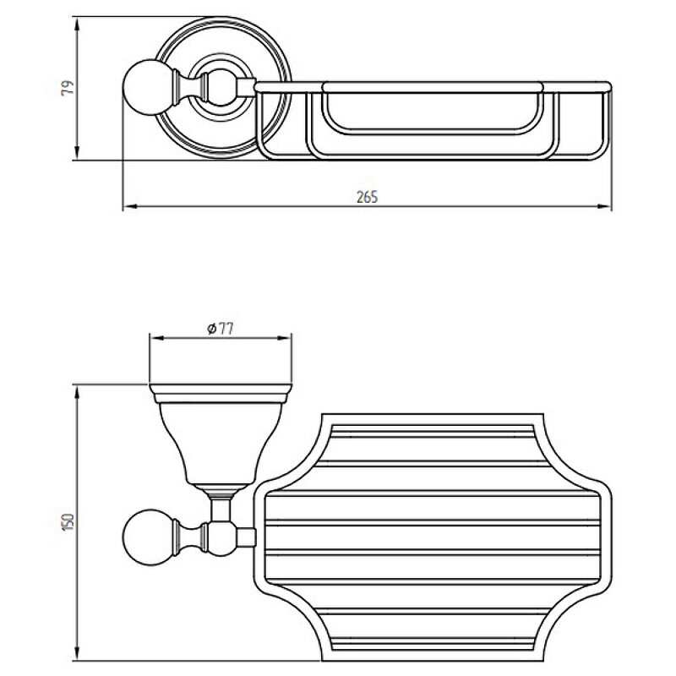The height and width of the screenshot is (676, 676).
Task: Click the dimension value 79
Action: click(68, 89)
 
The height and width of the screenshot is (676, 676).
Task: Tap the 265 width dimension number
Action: click(368, 197)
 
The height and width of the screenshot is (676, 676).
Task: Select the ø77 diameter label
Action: click(221, 329)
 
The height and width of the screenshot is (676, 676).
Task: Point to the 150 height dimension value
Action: click(68, 521)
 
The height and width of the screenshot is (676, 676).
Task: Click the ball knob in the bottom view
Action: click(145, 537)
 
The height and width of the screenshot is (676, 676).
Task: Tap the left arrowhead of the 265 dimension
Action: click(130, 206)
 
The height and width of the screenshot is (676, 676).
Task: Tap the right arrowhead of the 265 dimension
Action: click(604, 206)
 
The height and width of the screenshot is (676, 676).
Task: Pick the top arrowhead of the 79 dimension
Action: click(77, 25)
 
